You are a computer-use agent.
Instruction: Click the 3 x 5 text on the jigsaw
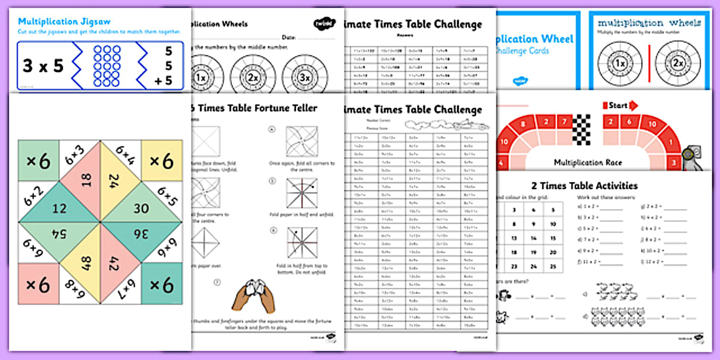coord(43,66)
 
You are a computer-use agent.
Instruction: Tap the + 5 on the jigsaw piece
coord(163,81)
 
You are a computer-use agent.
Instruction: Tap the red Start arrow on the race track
coord(623,106)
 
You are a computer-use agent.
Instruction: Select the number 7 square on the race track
coord(563,122)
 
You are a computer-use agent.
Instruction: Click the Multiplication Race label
coord(588,163)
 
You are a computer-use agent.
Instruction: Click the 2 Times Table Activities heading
coord(584,186)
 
